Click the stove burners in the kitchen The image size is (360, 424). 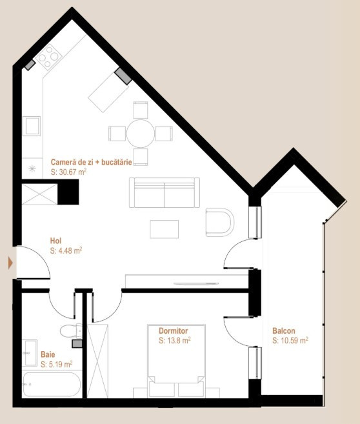48,61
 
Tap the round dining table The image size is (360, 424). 140,134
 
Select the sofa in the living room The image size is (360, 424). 164,192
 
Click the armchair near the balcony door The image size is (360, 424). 220,221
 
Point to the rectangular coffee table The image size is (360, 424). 165,229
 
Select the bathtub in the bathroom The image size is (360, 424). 52,385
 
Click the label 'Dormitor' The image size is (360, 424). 173,330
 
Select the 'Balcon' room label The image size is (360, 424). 285,331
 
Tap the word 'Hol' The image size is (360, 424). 55,241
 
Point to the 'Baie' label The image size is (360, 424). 48,354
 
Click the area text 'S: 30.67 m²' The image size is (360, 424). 68,173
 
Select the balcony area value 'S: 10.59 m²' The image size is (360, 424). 290,340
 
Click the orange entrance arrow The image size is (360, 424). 10,263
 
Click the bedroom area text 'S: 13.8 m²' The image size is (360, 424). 174,340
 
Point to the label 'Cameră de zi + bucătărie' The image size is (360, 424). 91,163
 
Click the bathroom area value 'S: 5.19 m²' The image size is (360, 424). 57,364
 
